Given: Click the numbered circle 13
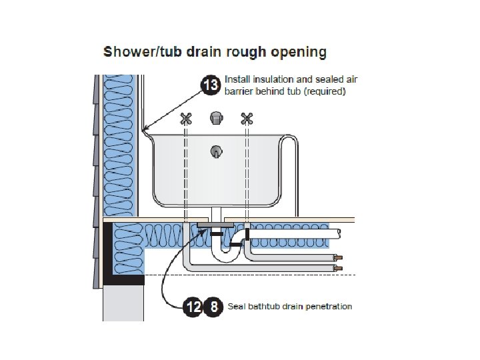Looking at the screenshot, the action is [x=211, y=85].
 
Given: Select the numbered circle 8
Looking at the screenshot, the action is [x=213, y=307].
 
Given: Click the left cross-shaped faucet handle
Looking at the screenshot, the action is [x=187, y=119].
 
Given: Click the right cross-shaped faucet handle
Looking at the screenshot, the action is [x=247, y=119].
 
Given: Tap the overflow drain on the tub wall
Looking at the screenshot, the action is [x=216, y=151].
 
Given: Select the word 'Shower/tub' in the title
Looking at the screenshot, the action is [x=132, y=51].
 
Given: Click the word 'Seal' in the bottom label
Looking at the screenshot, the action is [x=237, y=307].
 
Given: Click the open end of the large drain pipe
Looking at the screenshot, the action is [x=340, y=233].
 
